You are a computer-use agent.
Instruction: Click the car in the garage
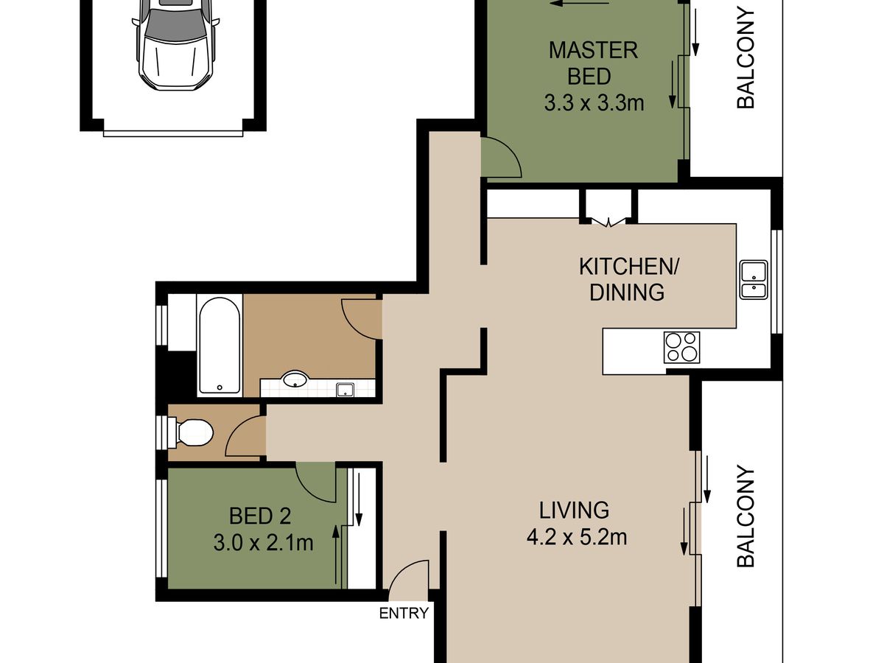[x=176, y=44]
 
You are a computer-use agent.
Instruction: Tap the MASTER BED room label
[x=593, y=63]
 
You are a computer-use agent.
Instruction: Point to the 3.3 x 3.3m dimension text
[x=594, y=102]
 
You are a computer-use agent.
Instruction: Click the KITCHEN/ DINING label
[x=628, y=279]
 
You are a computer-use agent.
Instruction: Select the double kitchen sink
[x=754, y=279]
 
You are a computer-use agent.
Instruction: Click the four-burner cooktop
[x=682, y=347]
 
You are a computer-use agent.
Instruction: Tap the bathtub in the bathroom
[x=220, y=345]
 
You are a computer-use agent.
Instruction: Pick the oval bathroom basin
[x=295, y=379]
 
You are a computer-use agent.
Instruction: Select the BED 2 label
[x=260, y=516]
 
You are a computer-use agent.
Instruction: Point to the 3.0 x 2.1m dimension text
[x=264, y=543]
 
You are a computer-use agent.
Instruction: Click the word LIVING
[x=574, y=510]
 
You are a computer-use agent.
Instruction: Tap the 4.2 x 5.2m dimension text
[x=577, y=537]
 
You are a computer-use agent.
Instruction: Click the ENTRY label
[x=404, y=613]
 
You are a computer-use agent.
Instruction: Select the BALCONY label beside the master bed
[x=746, y=58]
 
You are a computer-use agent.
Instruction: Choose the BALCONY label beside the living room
[x=746, y=516]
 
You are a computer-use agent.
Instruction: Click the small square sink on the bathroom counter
[x=345, y=390]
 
